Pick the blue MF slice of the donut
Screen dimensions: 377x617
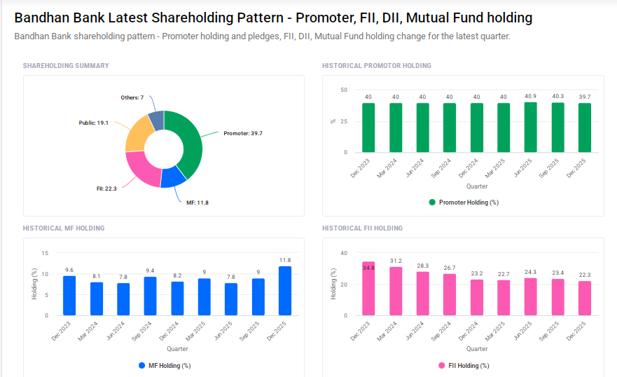pos(172,177)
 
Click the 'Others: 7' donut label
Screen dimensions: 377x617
pos(132,97)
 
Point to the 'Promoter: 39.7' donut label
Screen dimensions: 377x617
pos(243,133)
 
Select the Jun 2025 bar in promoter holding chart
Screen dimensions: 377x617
pos(531,128)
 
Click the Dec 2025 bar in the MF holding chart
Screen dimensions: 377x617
pos(285,291)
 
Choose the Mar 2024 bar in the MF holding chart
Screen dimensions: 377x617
pos(97,299)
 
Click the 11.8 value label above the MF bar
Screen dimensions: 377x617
pos(285,260)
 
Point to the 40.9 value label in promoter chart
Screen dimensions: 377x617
pos(531,97)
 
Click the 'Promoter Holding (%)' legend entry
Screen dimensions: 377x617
pos(463,203)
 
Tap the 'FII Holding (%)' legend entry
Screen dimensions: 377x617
pos(463,365)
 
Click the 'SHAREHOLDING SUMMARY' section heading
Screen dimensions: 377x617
pos(66,66)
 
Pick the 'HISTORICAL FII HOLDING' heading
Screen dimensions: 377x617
pos(362,228)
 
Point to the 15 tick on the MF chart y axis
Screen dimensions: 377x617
pos(46,253)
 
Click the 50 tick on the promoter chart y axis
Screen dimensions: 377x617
pos(343,90)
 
